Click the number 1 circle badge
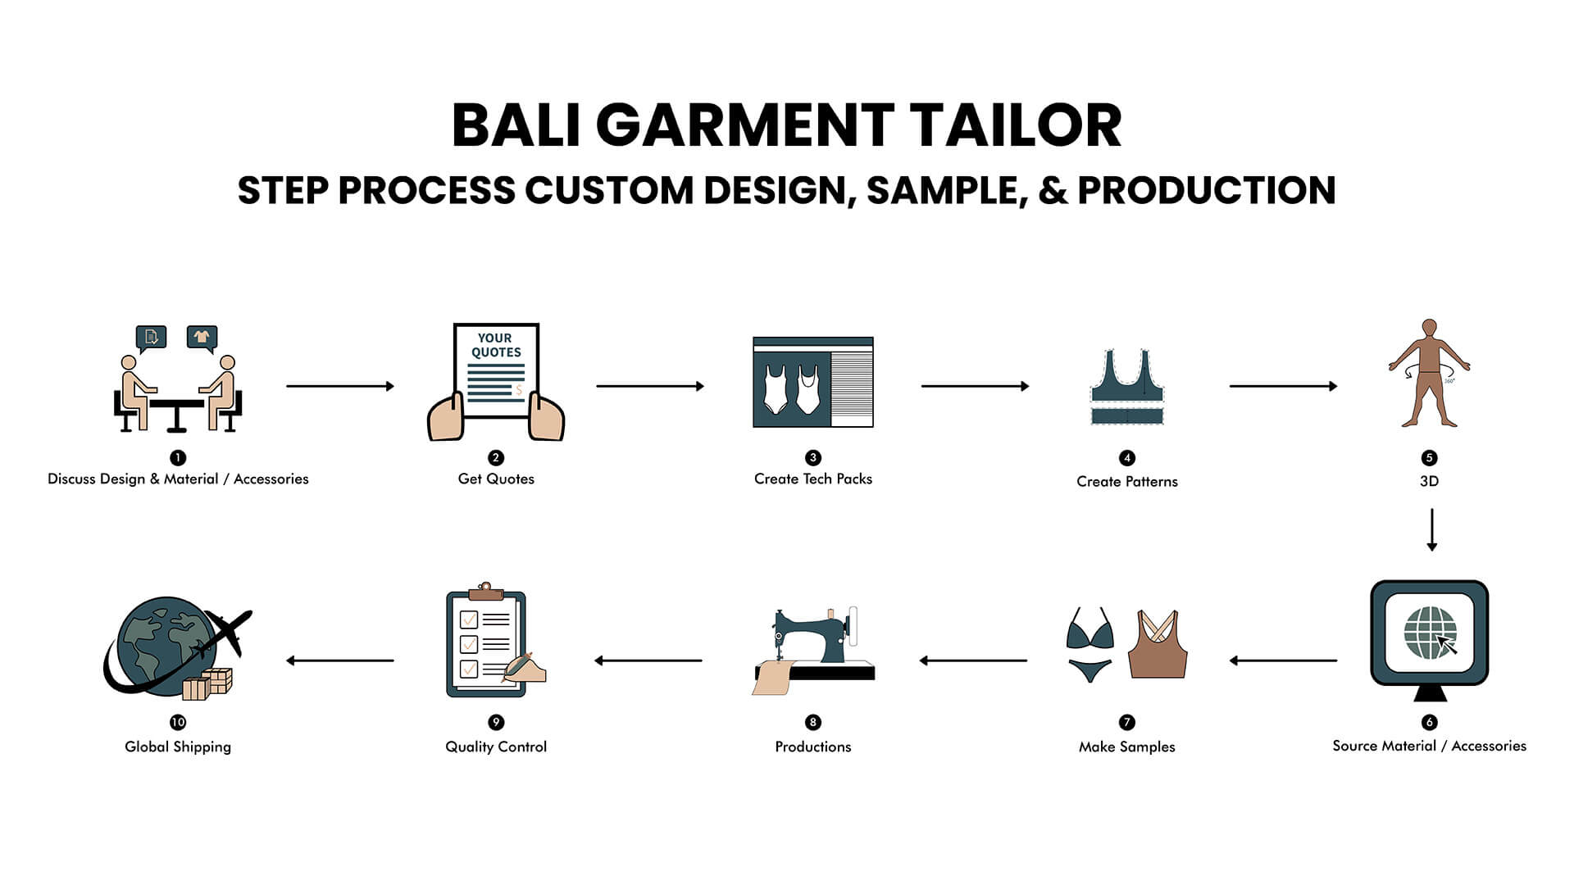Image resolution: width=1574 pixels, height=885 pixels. [x=178, y=457]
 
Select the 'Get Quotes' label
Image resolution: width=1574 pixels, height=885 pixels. [x=496, y=479]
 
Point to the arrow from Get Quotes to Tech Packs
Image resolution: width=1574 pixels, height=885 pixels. [x=649, y=386]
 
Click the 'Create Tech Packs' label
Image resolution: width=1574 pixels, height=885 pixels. [x=812, y=479]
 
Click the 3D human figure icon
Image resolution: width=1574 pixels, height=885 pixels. [x=1429, y=373]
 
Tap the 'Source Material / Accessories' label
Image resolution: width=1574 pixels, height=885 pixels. [x=1429, y=746]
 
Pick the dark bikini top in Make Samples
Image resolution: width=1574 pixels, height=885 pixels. [x=1090, y=632]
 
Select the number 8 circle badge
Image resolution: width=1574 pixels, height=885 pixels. [x=812, y=722]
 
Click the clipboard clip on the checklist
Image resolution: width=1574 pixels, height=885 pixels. [x=485, y=591]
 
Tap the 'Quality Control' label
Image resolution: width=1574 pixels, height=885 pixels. [x=496, y=747]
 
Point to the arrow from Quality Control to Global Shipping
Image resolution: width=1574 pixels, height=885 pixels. [x=340, y=660]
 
